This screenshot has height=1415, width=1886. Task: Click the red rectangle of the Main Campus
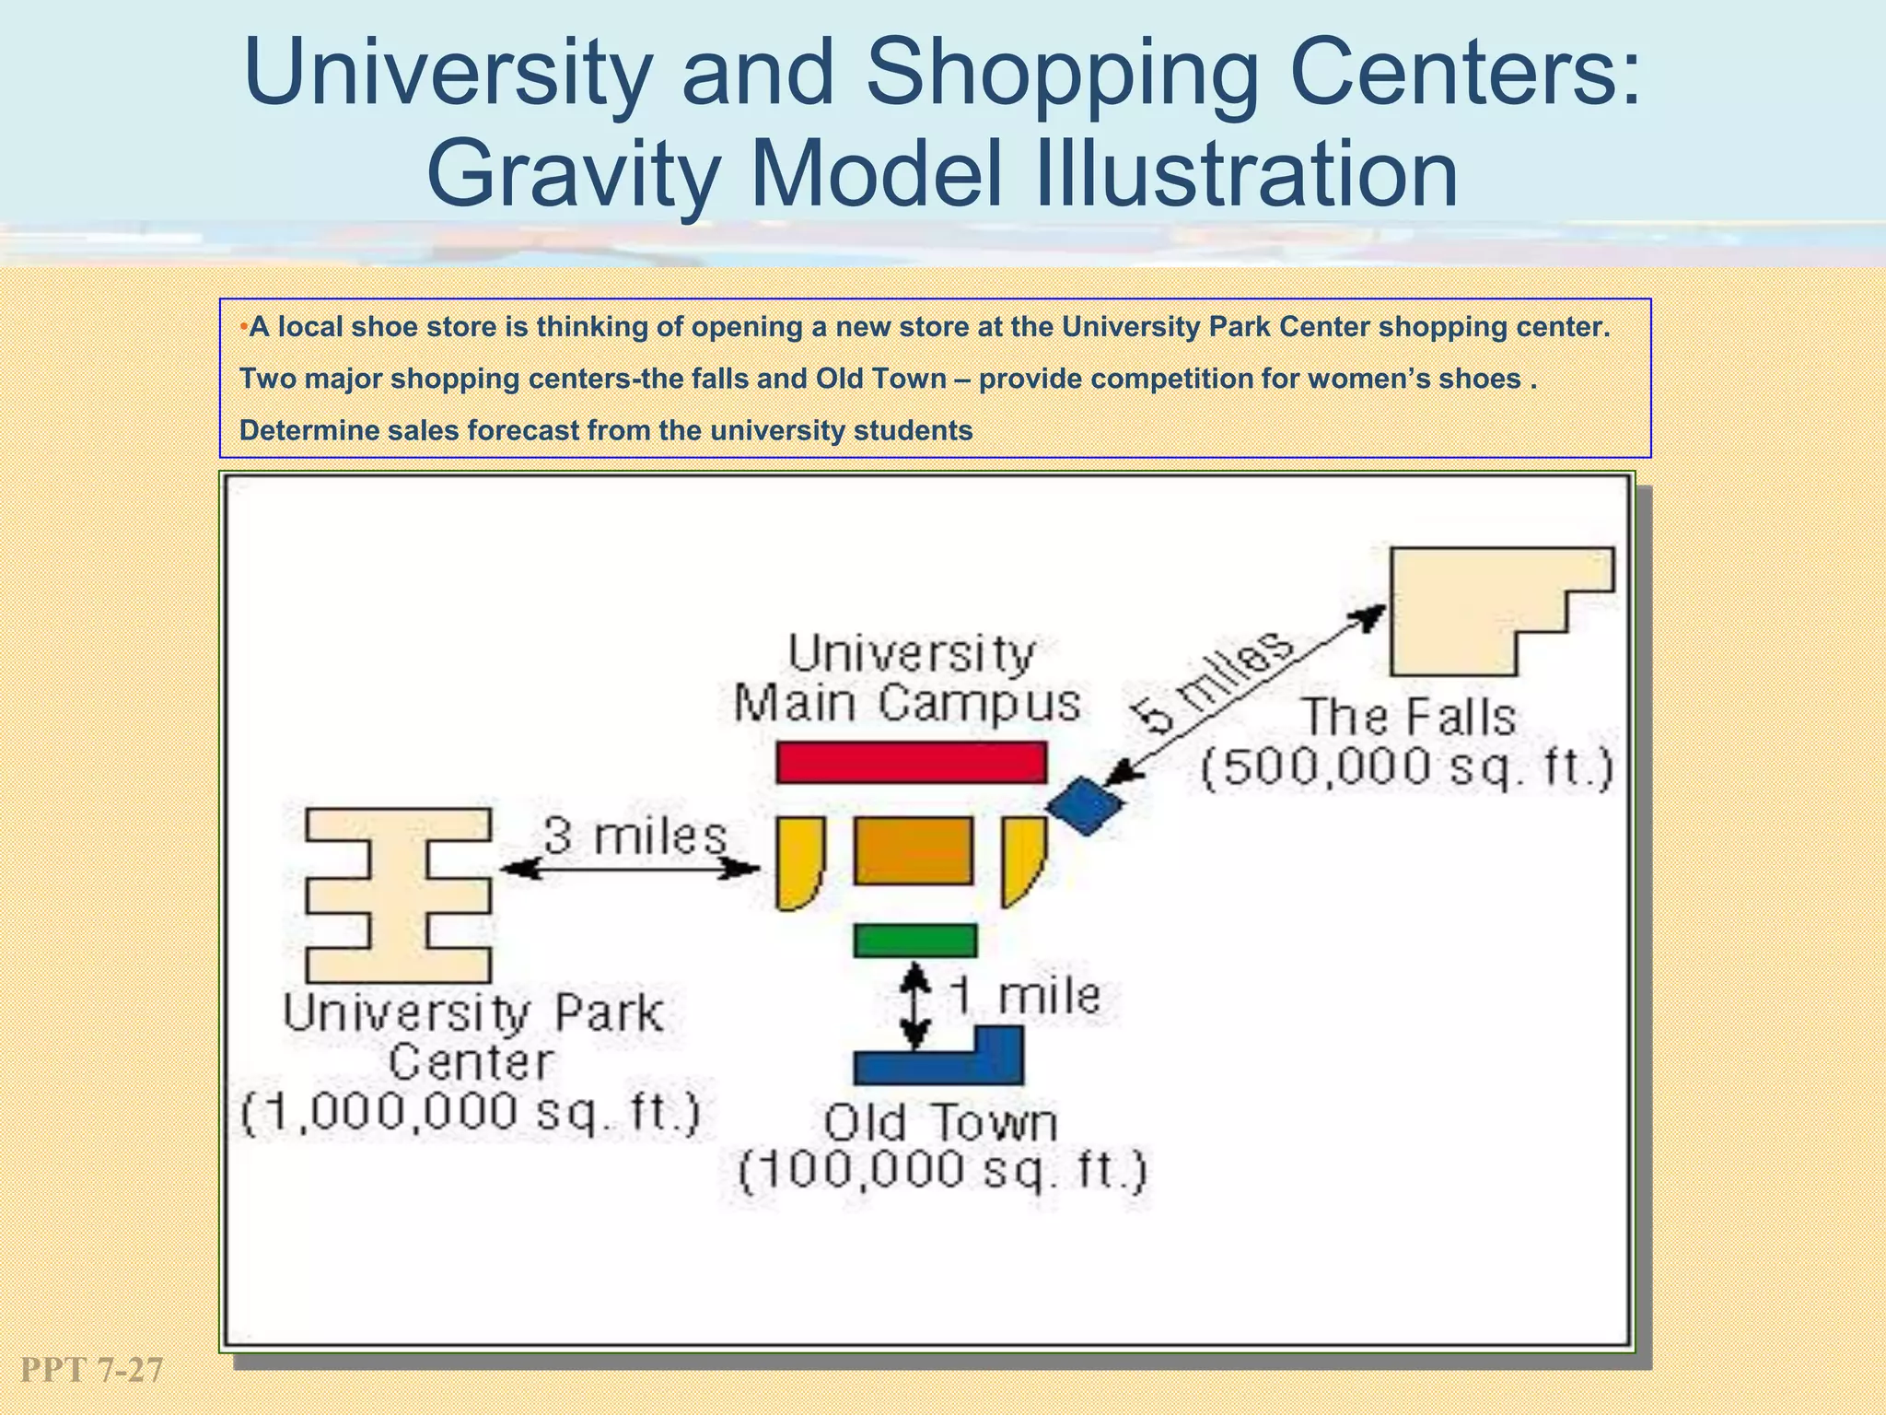[911, 762]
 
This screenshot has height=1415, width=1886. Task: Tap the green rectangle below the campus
[914, 941]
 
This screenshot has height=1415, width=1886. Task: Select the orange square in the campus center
[914, 850]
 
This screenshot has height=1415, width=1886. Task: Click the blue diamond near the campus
[1086, 805]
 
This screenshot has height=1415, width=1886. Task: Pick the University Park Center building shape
[398, 895]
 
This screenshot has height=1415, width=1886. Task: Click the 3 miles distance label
[634, 836]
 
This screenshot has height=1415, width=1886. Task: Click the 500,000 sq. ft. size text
[1407, 767]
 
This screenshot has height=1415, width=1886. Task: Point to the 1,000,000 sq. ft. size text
[471, 1113]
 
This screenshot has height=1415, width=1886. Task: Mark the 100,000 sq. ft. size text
[943, 1171]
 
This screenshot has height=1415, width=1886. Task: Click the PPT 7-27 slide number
[91, 1370]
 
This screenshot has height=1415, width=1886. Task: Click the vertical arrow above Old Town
[914, 1006]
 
